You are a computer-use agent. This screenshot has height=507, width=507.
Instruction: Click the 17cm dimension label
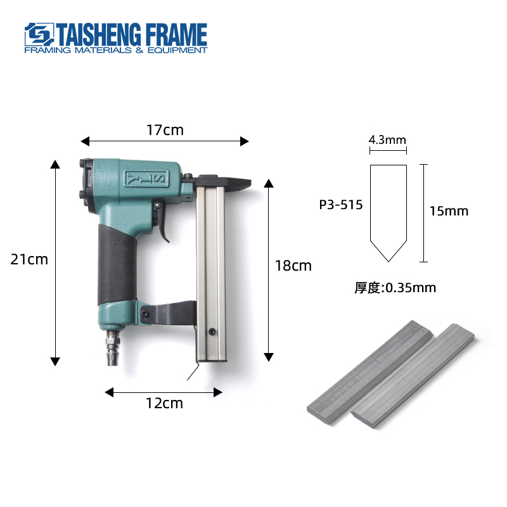[x=165, y=130]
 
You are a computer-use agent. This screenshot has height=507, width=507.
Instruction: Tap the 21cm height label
[x=29, y=259]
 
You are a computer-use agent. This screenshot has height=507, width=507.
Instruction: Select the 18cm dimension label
[x=293, y=266]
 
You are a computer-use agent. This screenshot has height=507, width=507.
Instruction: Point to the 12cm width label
[x=164, y=403]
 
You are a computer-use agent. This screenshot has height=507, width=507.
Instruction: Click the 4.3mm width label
[x=387, y=139]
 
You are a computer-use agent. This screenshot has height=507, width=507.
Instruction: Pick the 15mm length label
[x=449, y=211]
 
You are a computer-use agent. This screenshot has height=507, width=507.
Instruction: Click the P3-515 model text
[x=341, y=205]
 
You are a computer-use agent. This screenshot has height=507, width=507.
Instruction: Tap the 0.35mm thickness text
[x=411, y=288]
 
